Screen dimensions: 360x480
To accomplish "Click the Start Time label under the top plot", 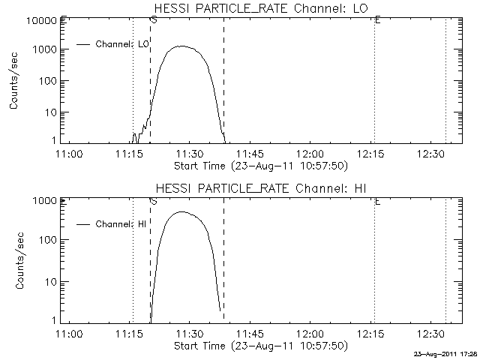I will (259, 164).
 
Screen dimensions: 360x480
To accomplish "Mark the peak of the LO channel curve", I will (182, 46).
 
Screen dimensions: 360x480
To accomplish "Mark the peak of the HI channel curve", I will (181, 211).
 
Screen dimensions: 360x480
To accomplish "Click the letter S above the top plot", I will (154, 20).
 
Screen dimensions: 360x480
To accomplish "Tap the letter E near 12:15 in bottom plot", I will (377, 201).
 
